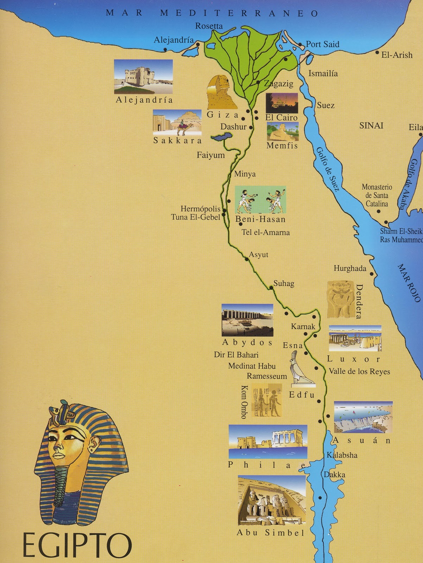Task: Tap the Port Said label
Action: click(322, 44)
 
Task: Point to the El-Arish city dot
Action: click(377, 53)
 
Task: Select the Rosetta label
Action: click(209, 26)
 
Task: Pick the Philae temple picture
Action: click(267, 441)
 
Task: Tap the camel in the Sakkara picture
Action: click(184, 127)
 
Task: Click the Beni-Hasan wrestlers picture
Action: click(260, 200)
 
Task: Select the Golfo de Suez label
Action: click(328, 169)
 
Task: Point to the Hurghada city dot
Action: click(372, 273)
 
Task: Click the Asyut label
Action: click(259, 254)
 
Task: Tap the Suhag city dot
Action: click(271, 288)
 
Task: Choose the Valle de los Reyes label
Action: click(359, 371)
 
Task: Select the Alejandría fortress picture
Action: click(143, 77)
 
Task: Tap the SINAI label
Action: click(371, 126)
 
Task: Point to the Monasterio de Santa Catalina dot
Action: click(379, 211)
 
